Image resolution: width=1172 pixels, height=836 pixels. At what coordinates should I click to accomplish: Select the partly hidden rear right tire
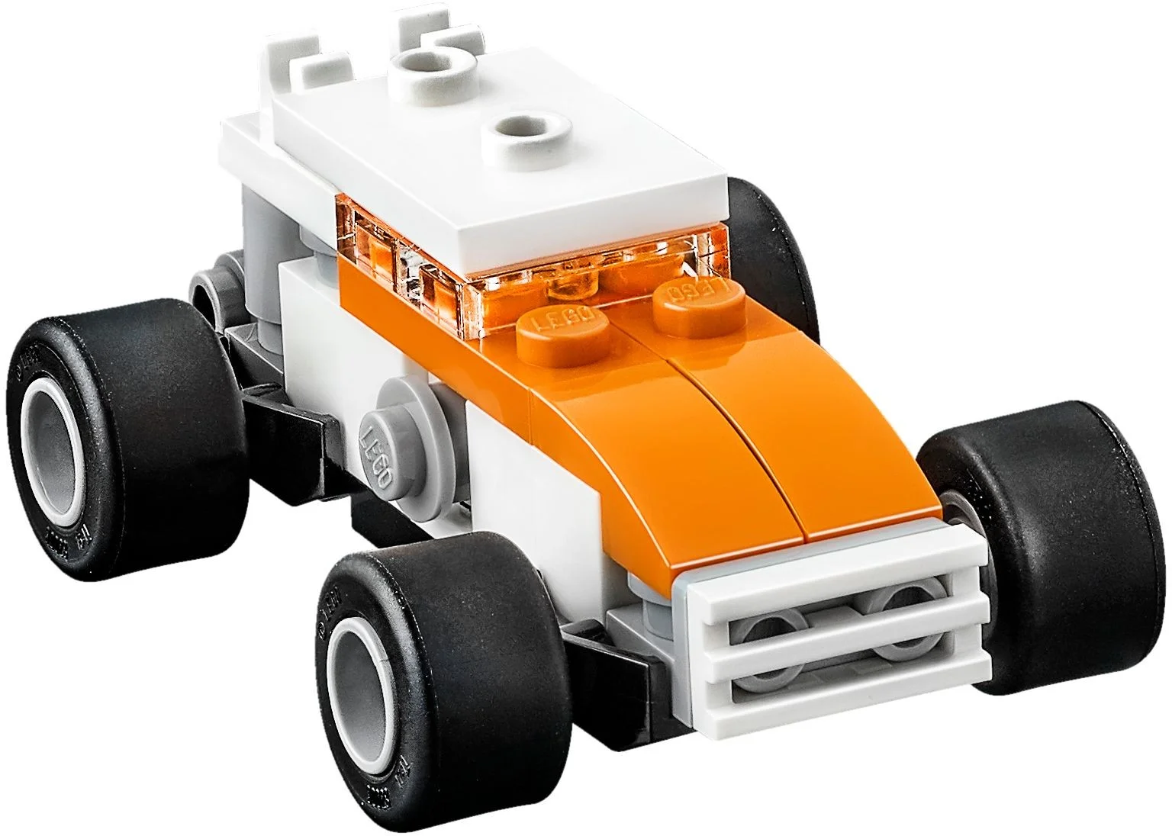tap(771, 229)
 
